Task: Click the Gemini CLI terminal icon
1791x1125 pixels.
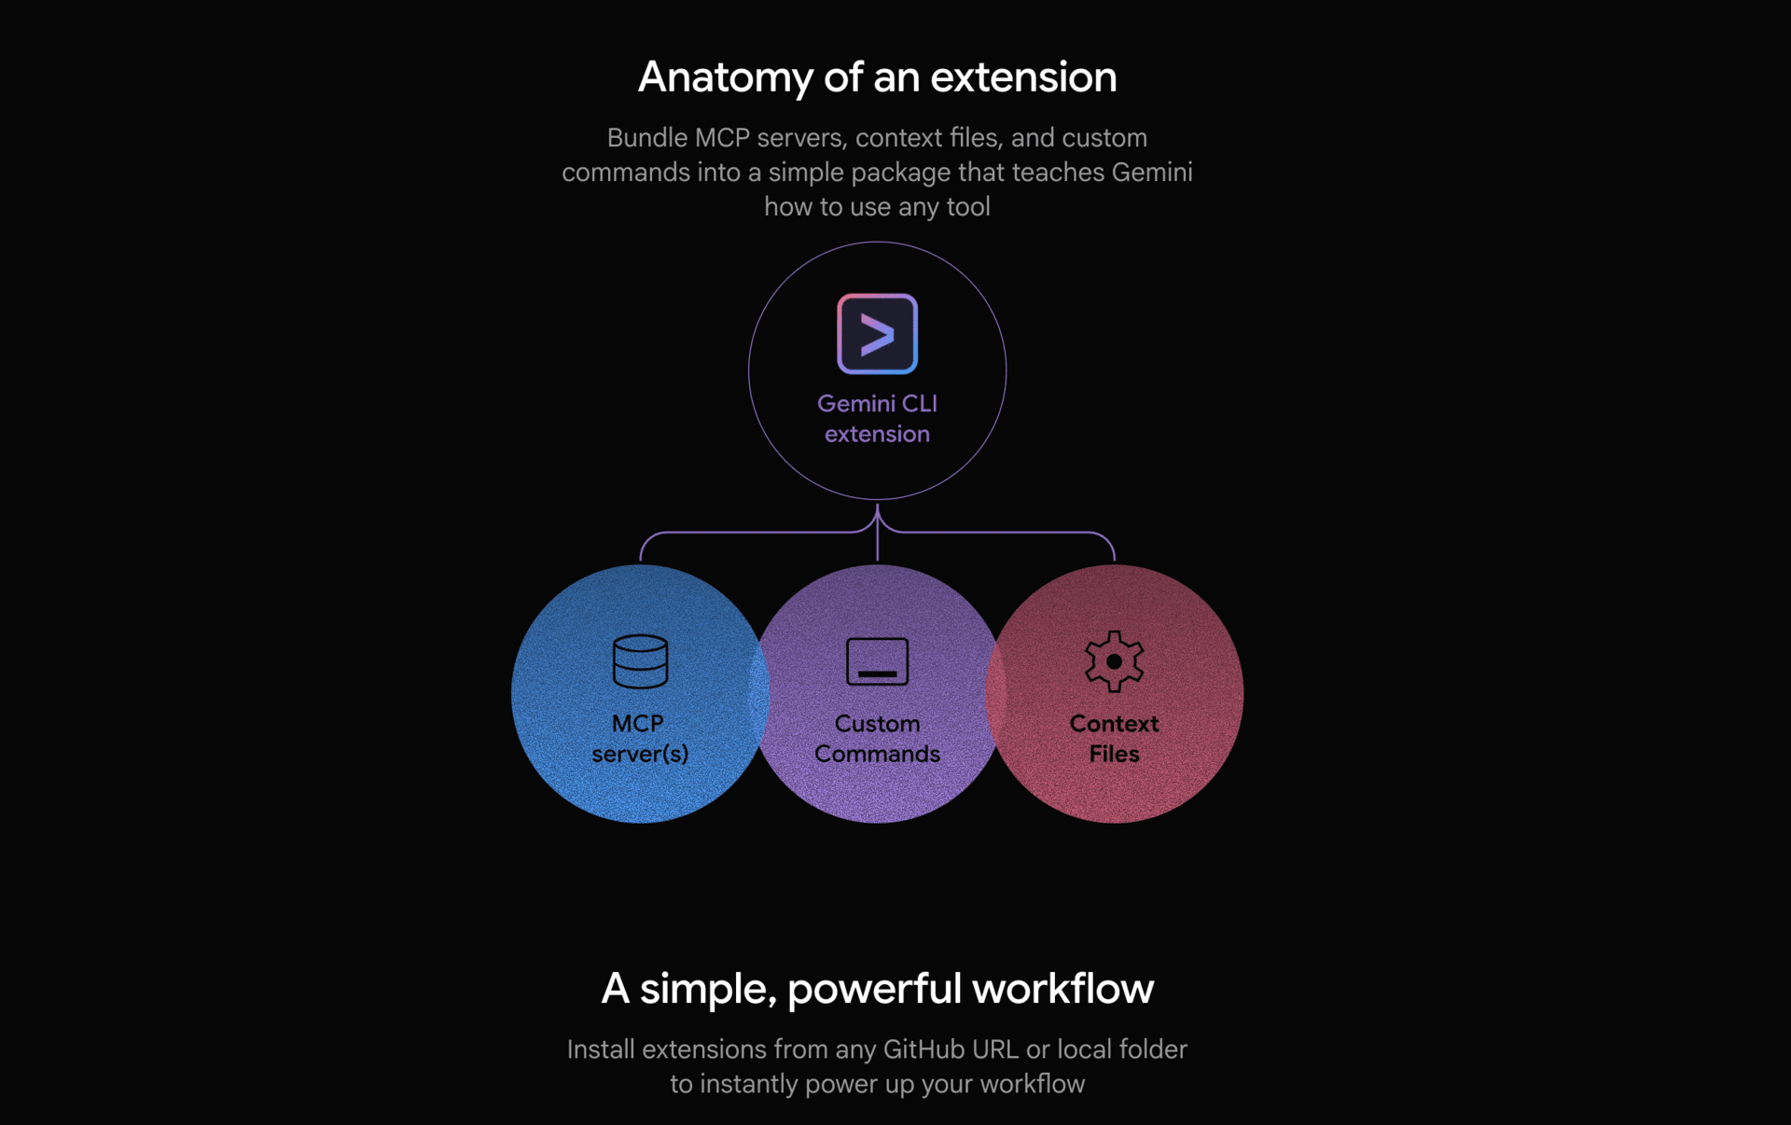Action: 877,334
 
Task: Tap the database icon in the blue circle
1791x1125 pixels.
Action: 640,661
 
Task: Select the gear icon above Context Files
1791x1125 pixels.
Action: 1114,661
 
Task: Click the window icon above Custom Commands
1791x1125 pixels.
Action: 877,661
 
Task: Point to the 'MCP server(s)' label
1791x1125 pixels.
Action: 640,738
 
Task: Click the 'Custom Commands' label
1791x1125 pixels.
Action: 877,738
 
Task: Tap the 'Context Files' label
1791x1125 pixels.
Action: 1114,738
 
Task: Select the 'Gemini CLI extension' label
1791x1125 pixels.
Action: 877,418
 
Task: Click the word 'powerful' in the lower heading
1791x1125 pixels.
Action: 874,989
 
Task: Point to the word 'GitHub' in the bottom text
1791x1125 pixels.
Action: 923,1049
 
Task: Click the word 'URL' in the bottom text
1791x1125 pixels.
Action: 995,1049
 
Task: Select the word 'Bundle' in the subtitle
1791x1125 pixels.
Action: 647,138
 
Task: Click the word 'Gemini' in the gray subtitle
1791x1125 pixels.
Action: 1152,173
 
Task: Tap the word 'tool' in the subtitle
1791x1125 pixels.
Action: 968,207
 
